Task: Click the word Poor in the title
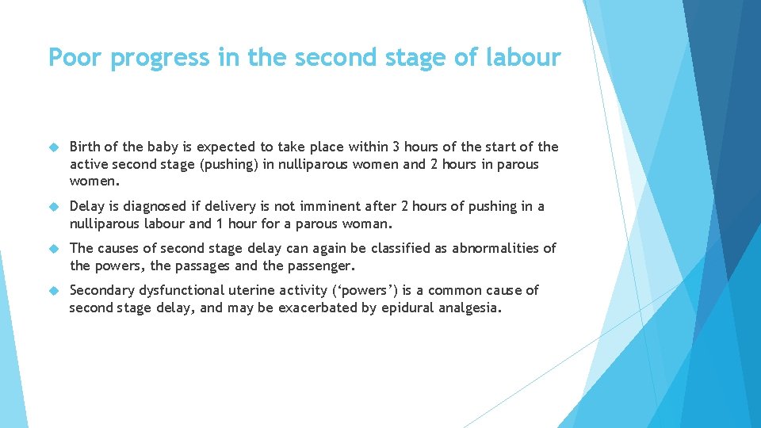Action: (x=78, y=57)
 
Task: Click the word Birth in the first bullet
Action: (x=86, y=147)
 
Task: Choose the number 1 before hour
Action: (x=208, y=224)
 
